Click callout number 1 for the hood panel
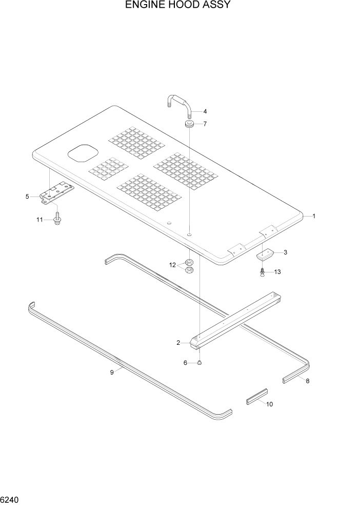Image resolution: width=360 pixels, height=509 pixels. pos(314,217)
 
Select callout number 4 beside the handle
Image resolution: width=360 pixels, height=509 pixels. pos(205,111)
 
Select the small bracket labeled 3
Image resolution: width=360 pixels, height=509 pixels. pos(265,253)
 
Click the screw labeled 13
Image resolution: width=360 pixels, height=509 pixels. pos(263,272)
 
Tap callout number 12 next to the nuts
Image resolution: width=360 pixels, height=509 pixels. pos(173,265)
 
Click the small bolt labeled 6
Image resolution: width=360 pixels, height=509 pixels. pos(200,363)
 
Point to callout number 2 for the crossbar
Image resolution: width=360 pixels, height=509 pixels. pos(178,342)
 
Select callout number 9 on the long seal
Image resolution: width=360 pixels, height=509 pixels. pos(111,373)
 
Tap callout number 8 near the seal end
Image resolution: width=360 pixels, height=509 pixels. pos(308,381)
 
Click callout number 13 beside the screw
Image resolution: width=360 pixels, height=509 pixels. pos(277,272)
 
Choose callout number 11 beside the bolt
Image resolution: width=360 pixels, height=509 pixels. pos(39,220)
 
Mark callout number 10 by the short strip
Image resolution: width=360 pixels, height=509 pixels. pos(270,404)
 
